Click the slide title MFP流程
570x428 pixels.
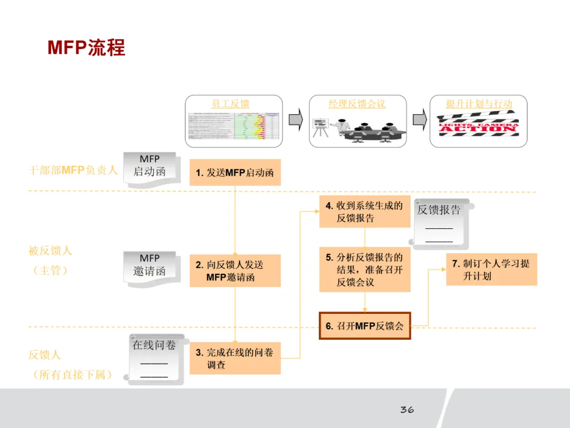tap(87, 48)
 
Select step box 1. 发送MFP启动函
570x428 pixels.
tap(235, 172)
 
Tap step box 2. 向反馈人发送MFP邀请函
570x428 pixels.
tap(235, 271)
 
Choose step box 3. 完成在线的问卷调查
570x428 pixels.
tap(235, 358)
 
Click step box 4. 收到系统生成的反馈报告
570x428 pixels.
tap(364, 211)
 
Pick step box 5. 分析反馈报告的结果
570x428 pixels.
tap(364, 269)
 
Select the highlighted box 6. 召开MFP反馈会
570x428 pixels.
tap(365, 325)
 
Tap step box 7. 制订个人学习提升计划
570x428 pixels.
tap(491, 269)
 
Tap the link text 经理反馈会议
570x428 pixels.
tap(357, 104)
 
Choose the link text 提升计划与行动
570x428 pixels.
tap(479, 104)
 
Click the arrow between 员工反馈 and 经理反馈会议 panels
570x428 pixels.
tap(296, 120)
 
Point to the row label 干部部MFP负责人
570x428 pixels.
tap(73, 171)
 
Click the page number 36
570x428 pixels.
tap(406, 410)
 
